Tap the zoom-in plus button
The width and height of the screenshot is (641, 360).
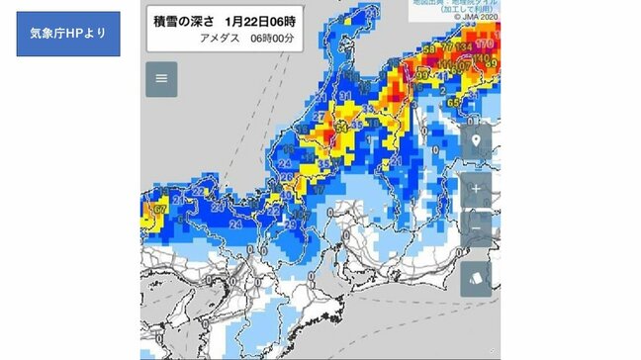click(476, 187)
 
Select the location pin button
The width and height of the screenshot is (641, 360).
click(476, 140)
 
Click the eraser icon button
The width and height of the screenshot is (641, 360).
click(476, 279)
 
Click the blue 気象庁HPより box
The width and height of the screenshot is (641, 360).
click(68, 34)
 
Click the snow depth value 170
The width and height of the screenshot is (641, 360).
click(485, 45)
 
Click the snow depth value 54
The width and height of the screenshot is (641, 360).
click(341, 127)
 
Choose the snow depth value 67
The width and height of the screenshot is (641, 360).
click(156, 210)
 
